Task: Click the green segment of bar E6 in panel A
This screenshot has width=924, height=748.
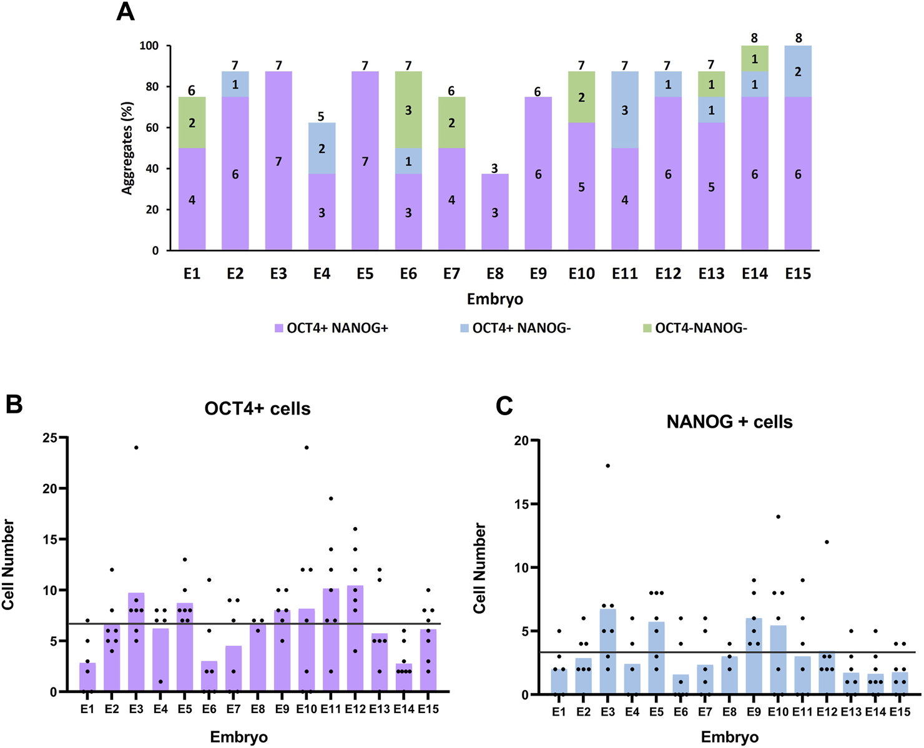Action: pyautogui.click(x=408, y=110)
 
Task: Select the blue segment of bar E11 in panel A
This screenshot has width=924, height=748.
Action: pyautogui.click(x=625, y=110)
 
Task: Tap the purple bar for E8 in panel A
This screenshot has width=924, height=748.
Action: pyautogui.click(x=495, y=212)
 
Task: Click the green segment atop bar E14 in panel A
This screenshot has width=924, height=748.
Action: pyautogui.click(x=755, y=59)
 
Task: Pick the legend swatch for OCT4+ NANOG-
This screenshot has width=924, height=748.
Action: pyautogui.click(x=464, y=328)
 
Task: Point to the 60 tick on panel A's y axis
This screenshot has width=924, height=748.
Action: pyautogui.click(x=152, y=128)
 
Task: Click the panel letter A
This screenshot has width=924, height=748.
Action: pyautogui.click(x=125, y=12)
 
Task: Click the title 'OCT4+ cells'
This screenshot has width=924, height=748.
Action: pyautogui.click(x=257, y=408)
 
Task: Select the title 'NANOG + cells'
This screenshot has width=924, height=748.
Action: pyautogui.click(x=729, y=422)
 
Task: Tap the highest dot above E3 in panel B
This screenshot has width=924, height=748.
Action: pyautogui.click(x=136, y=448)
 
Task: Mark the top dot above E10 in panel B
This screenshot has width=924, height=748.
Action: pyautogui.click(x=307, y=448)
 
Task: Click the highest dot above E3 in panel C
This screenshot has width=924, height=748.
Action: pyautogui.click(x=607, y=466)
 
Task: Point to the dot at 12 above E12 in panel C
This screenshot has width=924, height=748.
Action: pyautogui.click(x=827, y=542)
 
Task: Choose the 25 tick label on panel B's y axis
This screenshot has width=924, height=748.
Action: pyautogui.click(x=50, y=438)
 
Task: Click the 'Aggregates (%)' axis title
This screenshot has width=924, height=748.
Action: pyautogui.click(x=128, y=149)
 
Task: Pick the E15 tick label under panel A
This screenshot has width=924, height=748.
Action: pyautogui.click(x=798, y=273)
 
